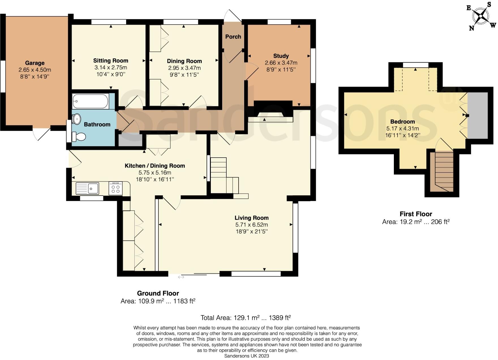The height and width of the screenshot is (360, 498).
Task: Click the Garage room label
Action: pos(35,63)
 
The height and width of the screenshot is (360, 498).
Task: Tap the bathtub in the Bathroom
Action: pos(90,101)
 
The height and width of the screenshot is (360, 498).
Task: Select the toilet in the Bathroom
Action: pos(79,137)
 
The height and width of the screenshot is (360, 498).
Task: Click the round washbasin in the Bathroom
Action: pos(76,119)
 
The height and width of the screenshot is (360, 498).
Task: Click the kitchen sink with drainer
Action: pos(87,188)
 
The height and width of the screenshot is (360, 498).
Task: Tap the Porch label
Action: pos(233,37)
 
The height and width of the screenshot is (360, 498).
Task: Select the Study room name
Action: pos(281,56)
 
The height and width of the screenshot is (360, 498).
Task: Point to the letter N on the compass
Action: pos(471,28)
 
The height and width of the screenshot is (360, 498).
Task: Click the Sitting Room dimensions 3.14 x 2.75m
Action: pos(111,67)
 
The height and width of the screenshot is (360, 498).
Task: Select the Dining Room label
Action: pos(184,61)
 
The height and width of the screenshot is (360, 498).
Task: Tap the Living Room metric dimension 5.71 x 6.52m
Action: pos(252,225)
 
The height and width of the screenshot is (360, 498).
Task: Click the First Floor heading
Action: pos(416,214)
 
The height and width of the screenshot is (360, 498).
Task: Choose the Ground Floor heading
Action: pos(158,293)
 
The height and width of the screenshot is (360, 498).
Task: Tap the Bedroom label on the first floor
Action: pos(402,122)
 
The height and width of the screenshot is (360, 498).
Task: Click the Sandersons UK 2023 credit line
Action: pos(246,356)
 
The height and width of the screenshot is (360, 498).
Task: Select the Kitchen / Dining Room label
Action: pos(155,166)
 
